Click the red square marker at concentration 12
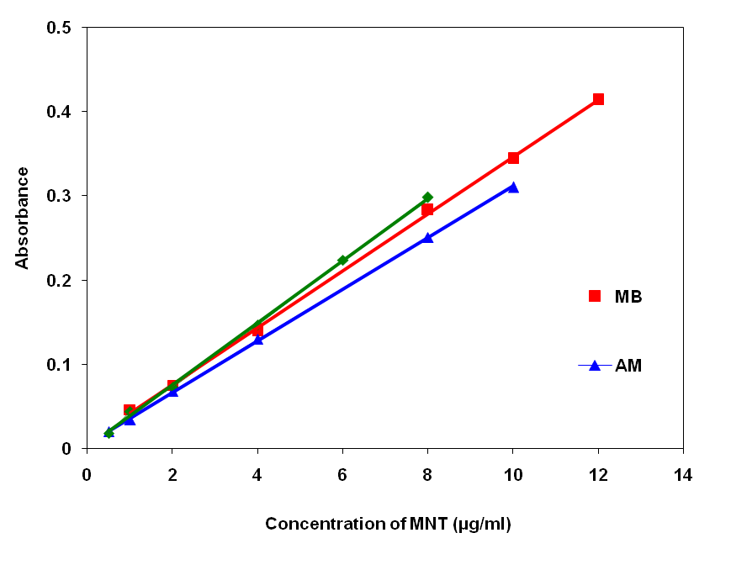(598, 99)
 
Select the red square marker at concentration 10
(513, 158)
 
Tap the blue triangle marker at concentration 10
(513, 187)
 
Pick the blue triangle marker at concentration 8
(427, 238)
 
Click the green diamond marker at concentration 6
(342, 261)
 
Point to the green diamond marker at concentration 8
(427, 198)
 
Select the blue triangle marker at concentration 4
(257, 340)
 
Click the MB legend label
(629, 297)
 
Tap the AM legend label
(628, 366)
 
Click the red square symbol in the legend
(595, 296)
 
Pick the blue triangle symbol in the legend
(595, 366)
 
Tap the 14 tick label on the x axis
(683, 476)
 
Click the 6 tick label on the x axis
(342, 476)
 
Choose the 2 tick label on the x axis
(172, 476)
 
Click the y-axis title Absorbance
(23, 218)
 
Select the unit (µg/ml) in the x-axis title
(481, 525)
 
